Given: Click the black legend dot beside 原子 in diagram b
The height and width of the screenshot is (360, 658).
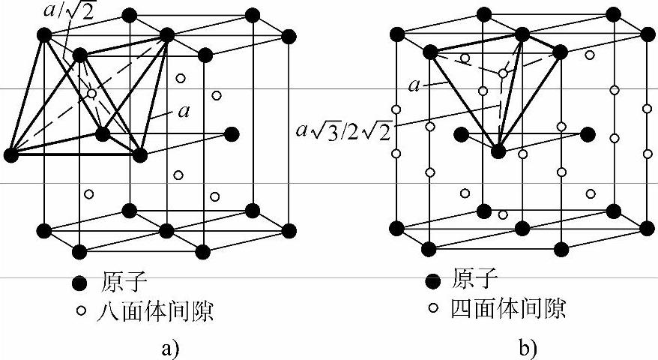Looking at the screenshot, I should pyautogui.click(x=432, y=282).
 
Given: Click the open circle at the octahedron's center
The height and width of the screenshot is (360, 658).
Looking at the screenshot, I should pyautogui.click(x=91, y=94).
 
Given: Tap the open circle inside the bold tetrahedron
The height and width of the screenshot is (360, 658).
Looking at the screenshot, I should pyautogui.click(x=501, y=73).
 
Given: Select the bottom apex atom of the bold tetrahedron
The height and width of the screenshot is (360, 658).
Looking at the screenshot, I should pyautogui.click(x=498, y=151).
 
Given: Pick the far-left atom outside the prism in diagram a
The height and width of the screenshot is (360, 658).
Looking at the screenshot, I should pyautogui.click(x=10, y=155).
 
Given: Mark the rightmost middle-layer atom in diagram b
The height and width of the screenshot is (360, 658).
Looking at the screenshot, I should pyautogui.click(x=588, y=134).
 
